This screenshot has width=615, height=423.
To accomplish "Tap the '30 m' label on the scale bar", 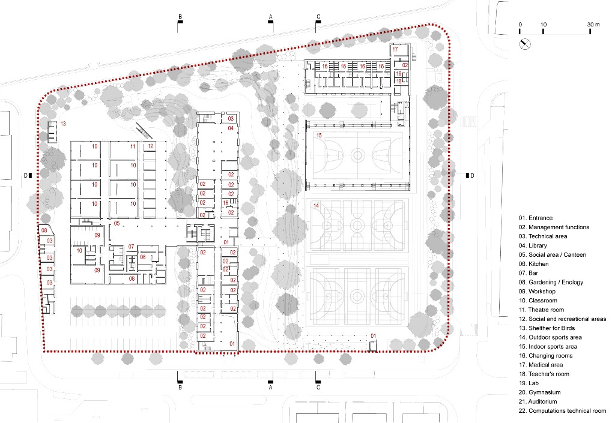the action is pos(593,24).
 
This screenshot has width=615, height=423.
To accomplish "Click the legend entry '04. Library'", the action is pos(533,245).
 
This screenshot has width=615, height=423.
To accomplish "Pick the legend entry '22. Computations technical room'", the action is pos(562,411).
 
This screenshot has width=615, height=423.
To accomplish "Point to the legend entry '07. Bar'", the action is pos(529,273).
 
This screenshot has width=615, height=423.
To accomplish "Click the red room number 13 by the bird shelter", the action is pos(62,124).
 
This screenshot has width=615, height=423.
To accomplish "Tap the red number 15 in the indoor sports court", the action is pos(318,135).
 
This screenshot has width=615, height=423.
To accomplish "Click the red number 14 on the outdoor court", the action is pos(316,205).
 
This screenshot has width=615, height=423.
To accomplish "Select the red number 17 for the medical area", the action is pos(395,49).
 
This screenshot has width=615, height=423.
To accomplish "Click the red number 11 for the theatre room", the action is pos(133,146).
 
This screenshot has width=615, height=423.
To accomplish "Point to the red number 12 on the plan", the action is pos(151,146).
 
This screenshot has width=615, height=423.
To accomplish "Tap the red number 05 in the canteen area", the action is pos(117,223).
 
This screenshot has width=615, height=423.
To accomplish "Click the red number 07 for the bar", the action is pos(132,247).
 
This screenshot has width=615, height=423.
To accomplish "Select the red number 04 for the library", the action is pos(231,128).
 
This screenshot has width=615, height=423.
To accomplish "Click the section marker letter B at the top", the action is pos(180,16).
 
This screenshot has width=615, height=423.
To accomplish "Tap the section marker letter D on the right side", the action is pos(472,175).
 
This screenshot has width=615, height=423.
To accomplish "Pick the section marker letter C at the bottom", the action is pos(318,388).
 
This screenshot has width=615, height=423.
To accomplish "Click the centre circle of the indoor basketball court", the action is pos(357,155).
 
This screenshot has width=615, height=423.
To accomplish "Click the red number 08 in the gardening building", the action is pos(44,230).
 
